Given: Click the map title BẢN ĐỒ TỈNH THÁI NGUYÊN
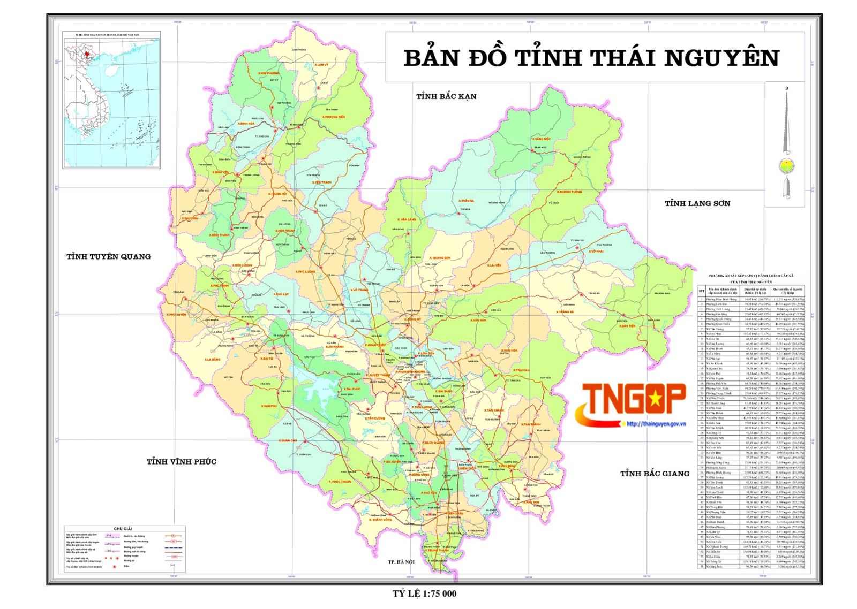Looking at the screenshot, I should [x=591, y=58].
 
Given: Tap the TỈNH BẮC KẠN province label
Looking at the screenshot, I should [x=446, y=96].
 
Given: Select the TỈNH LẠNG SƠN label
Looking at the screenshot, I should [x=697, y=203].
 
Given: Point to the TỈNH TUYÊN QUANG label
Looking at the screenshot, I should [x=109, y=256].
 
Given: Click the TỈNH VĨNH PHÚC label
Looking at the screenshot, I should [x=182, y=461].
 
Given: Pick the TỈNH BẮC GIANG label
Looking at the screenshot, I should [x=655, y=473].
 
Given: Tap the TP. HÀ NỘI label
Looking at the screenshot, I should [x=401, y=562].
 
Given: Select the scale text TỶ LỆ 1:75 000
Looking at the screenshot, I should [x=424, y=593].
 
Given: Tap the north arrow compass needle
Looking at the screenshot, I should [x=786, y=128].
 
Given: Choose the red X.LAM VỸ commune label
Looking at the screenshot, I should [x=321, y=65].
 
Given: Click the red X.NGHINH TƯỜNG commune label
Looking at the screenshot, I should [x=569, y=192].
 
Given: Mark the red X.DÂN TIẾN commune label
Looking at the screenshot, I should [x=626, y=326].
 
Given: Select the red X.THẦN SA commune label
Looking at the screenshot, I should [x=466, y=201].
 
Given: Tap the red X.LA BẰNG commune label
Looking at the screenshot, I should [x=212, y=360].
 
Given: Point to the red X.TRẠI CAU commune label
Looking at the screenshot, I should [x=521, y=370].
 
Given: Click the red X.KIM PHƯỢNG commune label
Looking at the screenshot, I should [x=268, y=73].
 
